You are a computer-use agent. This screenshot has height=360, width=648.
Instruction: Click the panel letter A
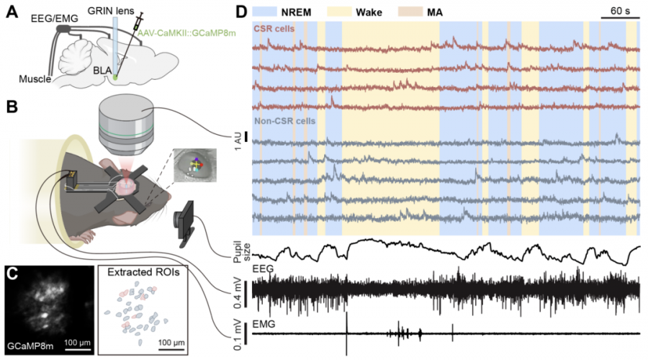[12, 12]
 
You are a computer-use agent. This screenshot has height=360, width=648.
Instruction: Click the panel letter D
[241, 12]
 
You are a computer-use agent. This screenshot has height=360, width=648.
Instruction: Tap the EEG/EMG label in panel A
[55, 18]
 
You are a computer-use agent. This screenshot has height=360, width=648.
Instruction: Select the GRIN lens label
[111, 10]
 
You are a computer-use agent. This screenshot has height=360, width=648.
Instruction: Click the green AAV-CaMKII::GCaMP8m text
[186, 32]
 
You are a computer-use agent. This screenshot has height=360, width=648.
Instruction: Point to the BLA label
[102, 71]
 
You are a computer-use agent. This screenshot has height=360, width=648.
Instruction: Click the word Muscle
[35, 78]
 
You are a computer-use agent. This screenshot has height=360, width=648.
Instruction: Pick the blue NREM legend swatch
[264, 12]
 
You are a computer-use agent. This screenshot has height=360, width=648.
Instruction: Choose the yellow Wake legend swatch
[339, 12]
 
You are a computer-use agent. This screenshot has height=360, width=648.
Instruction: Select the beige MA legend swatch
[410, 12]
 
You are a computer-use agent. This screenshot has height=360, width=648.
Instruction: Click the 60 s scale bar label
[620, 11]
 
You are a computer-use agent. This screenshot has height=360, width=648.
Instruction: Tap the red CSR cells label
[274, 29]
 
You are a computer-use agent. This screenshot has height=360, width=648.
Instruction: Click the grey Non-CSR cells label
[284, 121]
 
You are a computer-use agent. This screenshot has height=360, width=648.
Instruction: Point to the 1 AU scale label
[238, 141]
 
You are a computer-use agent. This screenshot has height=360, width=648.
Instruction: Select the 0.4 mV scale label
[238, 293]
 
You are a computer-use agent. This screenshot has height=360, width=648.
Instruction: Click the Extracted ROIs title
[143, 272]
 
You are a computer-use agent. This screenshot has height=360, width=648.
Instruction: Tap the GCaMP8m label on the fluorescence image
[30, 346]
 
